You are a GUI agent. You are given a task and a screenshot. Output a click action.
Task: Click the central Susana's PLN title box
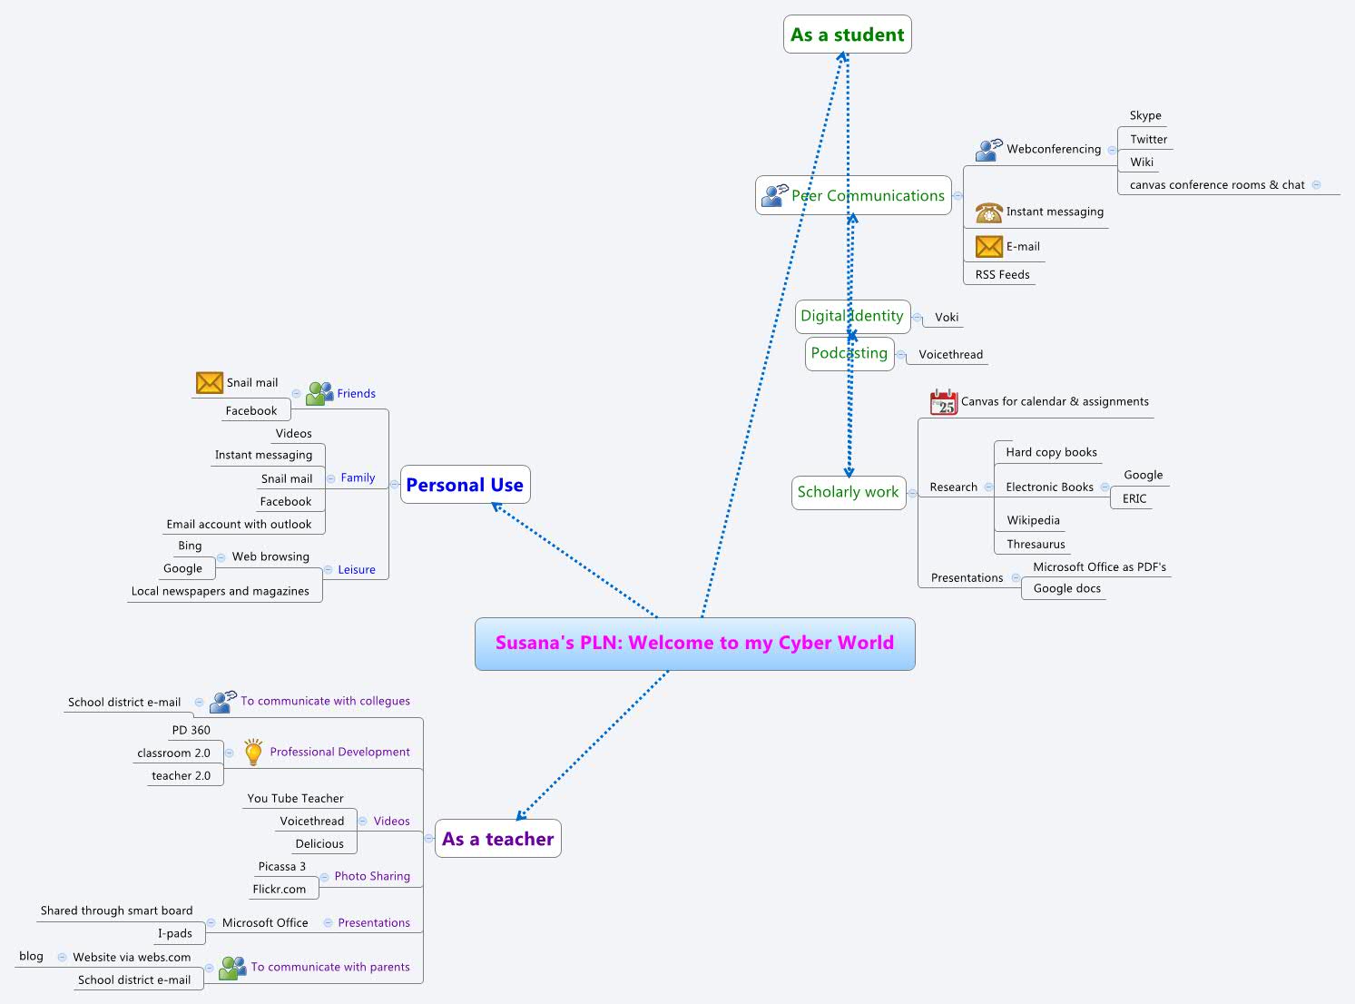pos(694,644)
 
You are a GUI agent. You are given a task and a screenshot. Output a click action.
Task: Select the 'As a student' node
pos(847,34)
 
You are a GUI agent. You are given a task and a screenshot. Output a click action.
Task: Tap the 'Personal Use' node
pos(465,485)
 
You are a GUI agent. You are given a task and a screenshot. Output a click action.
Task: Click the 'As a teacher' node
pos(497,839)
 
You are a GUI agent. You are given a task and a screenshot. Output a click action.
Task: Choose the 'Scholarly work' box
pos(848,492)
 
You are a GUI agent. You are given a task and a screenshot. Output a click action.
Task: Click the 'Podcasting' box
pos(849,353)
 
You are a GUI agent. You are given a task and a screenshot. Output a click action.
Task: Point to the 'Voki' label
pos(947,317)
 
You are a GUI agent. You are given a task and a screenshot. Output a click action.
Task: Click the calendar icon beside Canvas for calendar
pos(944,401)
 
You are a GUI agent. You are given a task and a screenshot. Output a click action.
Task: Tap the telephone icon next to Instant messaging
pos(988,212)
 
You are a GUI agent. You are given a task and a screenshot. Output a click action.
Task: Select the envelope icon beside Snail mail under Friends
pos(210,383)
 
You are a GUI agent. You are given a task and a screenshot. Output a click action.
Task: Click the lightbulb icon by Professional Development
pos(253,752)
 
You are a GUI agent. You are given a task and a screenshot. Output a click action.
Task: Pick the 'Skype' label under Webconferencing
pos(1145,115)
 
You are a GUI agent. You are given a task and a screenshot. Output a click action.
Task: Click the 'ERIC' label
pos(1134,498)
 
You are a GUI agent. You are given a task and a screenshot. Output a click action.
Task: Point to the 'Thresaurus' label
pos(1036,544)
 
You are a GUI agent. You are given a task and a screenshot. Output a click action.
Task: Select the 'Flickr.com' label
pos(280,889)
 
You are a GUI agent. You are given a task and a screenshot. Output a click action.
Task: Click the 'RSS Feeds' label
pos(1002,274)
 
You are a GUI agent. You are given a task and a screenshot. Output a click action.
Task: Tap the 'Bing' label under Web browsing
pos(190,546)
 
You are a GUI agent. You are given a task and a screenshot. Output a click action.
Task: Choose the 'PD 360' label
pos(191,730)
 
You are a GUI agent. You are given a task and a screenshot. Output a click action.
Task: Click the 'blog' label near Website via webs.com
pos(31,956)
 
